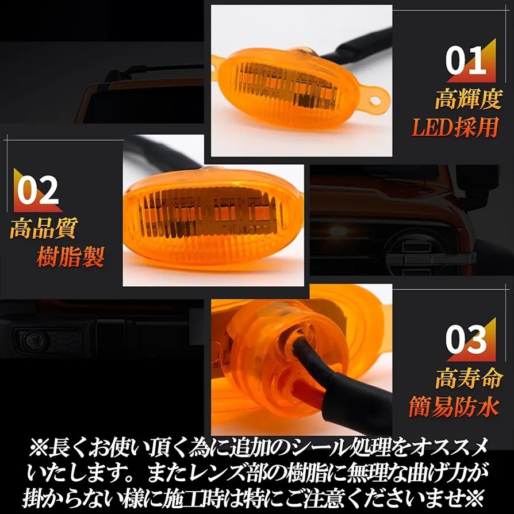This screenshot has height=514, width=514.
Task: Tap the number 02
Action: point(37,191)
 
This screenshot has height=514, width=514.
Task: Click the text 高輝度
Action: point(468,99)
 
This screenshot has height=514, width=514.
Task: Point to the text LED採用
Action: point(454,127)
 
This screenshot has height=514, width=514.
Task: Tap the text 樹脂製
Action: point(70,256)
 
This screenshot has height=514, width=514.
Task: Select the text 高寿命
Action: point(468,379)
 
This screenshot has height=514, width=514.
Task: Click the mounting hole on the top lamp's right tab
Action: point(375,101)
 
